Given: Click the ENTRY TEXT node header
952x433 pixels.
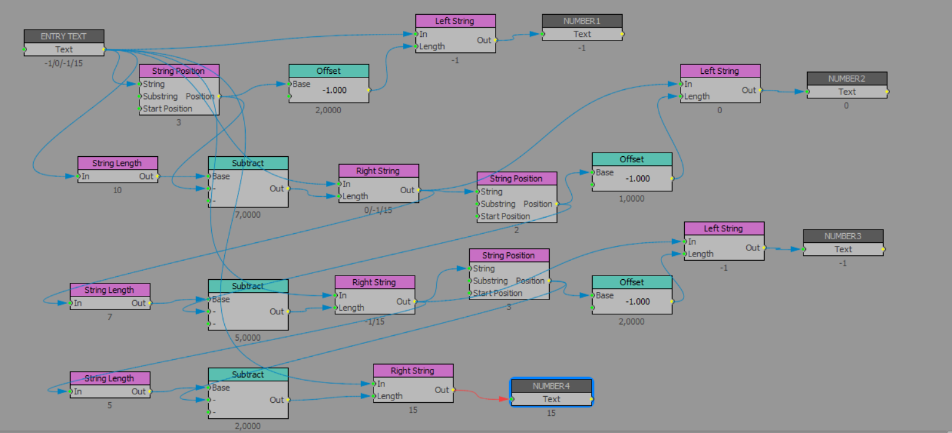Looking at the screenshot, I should tap(64, 36).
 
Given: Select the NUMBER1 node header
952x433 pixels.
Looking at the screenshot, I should tap(582, 21).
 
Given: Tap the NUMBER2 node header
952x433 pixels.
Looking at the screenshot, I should tap(846, 79).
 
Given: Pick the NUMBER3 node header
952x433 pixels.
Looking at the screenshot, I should tap(843, 236).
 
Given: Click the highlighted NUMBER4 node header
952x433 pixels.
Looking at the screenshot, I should tap(551, 386).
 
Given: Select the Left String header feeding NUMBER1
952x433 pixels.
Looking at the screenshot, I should tap(455, 21).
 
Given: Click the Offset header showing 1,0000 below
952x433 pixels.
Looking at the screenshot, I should tap(631, 159).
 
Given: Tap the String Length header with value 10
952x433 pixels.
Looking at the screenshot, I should tap(117, 163).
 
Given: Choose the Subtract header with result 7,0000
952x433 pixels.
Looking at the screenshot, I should tap(248, 163).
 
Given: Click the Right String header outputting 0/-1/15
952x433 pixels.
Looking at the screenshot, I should tap(378, 171).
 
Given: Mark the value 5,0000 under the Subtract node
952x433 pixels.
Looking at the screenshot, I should tap(248, 337).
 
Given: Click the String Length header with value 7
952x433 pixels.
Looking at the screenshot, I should tap(109, 290).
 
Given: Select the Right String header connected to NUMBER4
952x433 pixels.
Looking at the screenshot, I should tap(413, 370).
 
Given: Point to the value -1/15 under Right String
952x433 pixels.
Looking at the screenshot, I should tap(375, 321).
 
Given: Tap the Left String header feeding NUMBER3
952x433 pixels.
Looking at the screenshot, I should tap(724, 228).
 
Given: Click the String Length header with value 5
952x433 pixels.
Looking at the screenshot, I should tap(109, 378).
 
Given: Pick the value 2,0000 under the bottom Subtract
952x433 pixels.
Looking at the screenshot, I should tap(248, 426).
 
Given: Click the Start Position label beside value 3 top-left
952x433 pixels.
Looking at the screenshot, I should tap(168, 109).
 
